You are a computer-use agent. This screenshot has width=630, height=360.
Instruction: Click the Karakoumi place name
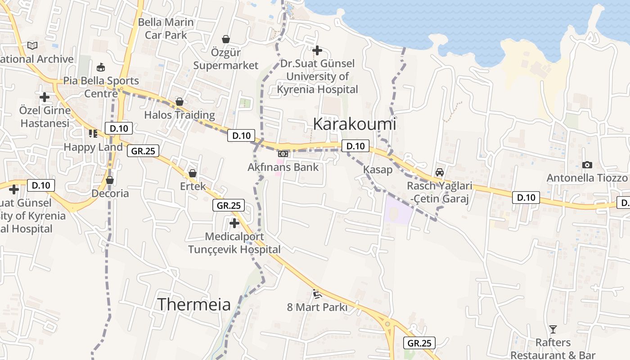[354, 124]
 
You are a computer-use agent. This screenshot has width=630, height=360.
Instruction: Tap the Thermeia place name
[193, 305]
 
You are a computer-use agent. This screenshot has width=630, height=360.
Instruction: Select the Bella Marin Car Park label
[166, 28]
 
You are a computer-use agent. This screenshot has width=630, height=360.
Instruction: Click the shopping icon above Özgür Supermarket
[226, 40]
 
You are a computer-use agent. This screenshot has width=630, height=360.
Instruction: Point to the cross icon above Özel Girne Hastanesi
[45, 97]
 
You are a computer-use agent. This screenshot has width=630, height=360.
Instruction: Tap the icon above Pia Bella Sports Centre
[101, 67]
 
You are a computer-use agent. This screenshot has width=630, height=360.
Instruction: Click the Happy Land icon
[93, 133]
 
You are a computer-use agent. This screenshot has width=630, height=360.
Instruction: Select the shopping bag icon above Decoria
[110, 180]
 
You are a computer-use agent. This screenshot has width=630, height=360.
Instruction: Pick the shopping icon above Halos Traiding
[180, 102]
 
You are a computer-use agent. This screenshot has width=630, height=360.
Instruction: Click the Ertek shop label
[193, 186]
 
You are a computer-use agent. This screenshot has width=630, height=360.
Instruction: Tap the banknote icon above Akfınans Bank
[283, 154]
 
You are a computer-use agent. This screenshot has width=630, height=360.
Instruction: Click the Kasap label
[378, 170]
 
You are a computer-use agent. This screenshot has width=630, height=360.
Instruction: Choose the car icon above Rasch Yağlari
[439, 172]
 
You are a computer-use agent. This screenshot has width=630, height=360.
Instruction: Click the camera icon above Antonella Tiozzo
[587, 165]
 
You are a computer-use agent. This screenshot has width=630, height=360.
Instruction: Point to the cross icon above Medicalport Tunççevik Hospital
[234, 223]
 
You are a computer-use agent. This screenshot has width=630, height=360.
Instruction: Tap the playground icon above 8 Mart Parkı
[317, 294]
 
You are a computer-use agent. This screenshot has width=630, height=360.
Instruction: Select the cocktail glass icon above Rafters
[553, 329]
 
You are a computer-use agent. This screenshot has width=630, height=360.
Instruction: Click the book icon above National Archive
[32, 45]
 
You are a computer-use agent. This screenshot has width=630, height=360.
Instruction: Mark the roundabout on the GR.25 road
[387, 324]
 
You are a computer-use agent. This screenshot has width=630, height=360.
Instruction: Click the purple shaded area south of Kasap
[397, 210]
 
